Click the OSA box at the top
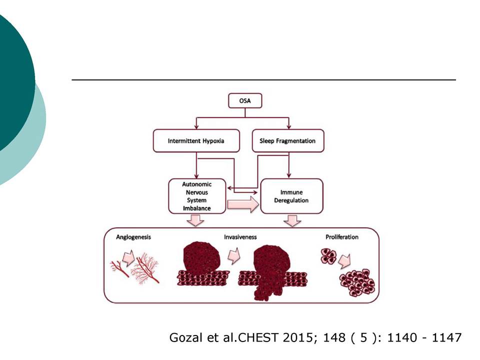(x=245, y=100)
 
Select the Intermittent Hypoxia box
(x=196, y=141)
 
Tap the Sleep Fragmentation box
(x=288, y=141)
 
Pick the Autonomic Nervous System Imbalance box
(x=197, y=196)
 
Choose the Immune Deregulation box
(x=291, y=196)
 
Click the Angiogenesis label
(x=133, y=237)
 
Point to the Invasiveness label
(x=240, y=237)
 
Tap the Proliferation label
(x=342, y=237)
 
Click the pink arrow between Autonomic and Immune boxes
(x=243, y=204)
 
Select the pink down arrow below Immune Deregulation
(x=292, y=220)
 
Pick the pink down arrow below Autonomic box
(x=195, y=220)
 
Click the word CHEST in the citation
(x=258, y=337)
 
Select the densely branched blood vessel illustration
(x=145, y=268)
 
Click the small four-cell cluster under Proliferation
(x=328, y=256)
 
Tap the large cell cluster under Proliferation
(x=357, y=282)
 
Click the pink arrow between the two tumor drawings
(x=234, y=256)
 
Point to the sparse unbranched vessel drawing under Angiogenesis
(x=119, y=268)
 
